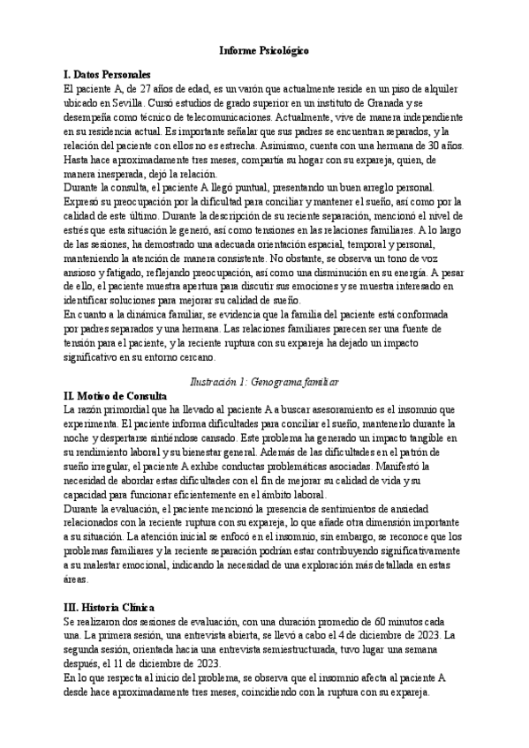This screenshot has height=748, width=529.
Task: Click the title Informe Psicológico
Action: (x=264, y=52)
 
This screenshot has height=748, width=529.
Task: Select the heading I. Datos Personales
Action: (x=108, y=75)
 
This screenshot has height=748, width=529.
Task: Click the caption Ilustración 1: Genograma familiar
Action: (x=265, y=382)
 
